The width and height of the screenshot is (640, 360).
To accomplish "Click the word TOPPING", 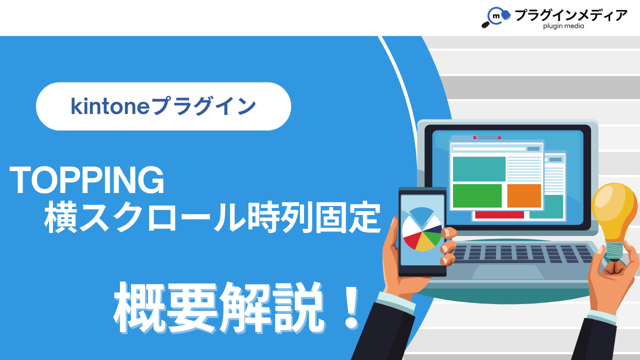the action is coord(87,180).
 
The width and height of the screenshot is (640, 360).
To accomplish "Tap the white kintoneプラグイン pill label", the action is coord(163,106).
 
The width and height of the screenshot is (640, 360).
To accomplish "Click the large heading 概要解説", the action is coord(219,307).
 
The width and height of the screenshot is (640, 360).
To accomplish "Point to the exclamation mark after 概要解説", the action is coord(351,308).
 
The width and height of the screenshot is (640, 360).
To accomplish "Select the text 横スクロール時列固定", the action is coord(212,217).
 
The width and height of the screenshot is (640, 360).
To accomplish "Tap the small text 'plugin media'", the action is coord(563,26).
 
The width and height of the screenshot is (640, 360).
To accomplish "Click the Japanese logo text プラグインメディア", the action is coord(570,15).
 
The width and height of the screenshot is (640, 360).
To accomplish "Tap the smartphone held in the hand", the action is coord(422,231).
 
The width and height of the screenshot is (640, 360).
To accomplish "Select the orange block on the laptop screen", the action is coord(524,195).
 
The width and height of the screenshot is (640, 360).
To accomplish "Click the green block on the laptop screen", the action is coord(477,195).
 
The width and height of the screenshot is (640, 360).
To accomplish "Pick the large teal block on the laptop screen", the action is coord(479,169).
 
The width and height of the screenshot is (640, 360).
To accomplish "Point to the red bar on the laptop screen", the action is coord(499,215).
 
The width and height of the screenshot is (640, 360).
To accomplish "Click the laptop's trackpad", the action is coord(507,271).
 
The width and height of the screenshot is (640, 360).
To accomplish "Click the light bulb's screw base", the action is coord(614,251).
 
